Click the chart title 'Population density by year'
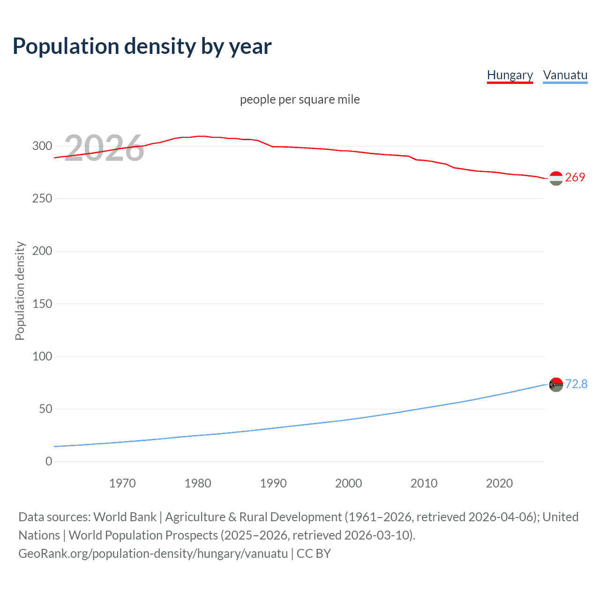coord(142,46)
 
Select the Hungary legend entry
coord(510,75)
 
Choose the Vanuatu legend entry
coord(565,75)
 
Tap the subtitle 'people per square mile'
coord(300,99)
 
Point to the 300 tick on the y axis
coord(42,146)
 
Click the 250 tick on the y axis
coord(42,199)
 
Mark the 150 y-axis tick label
coord(42,304)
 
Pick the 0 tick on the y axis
coord(49,462)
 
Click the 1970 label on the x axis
coord(122,483)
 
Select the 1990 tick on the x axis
coord(273,483)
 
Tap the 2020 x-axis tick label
coord(499,483)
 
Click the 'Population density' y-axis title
coord(20,291)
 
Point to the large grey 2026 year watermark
coord(104,148)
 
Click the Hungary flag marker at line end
coord(556,178)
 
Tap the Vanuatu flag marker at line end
coord(556,385)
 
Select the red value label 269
coord(575,177)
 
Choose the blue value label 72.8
coord(576,384)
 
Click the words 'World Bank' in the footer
coord(125,517)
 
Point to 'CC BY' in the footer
coord(314,554)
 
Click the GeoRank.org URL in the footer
coord(153,554)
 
